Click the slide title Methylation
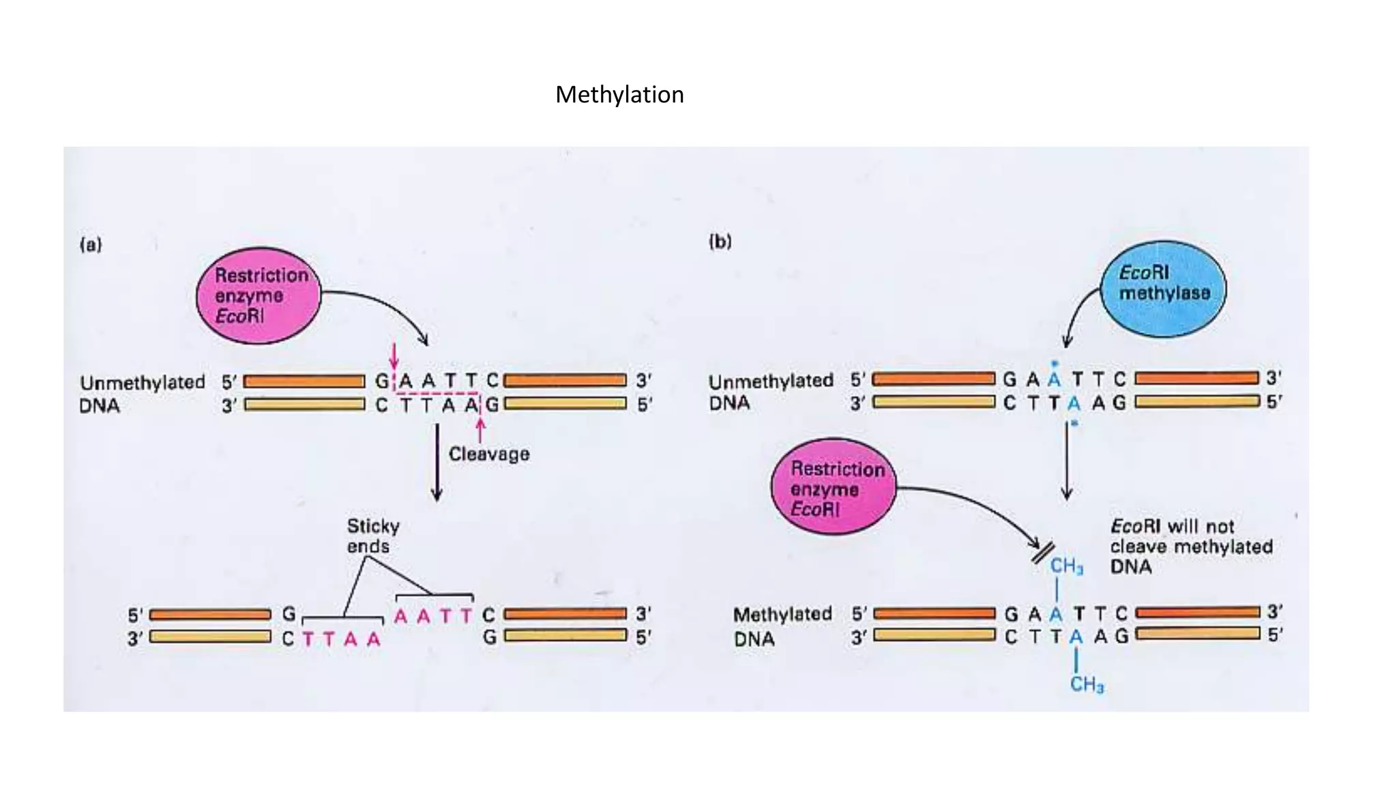[x=619, y=94]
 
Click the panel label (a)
[x=91, y=244]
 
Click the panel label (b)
[x=720, y=242]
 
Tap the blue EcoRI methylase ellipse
[x=1163, y=289]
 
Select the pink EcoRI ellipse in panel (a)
[x=258, y=295]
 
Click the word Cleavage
[x=488, y=454]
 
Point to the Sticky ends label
[x=372, y=536]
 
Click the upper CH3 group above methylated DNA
[x=1066, y=566]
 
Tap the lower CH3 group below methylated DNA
[x=1086, y=684]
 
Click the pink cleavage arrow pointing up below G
[x=480, y=431]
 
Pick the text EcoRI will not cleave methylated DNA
[x=1190, y=547]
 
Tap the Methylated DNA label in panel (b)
[x=782, y=626]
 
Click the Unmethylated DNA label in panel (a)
[x=141, y=394]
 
